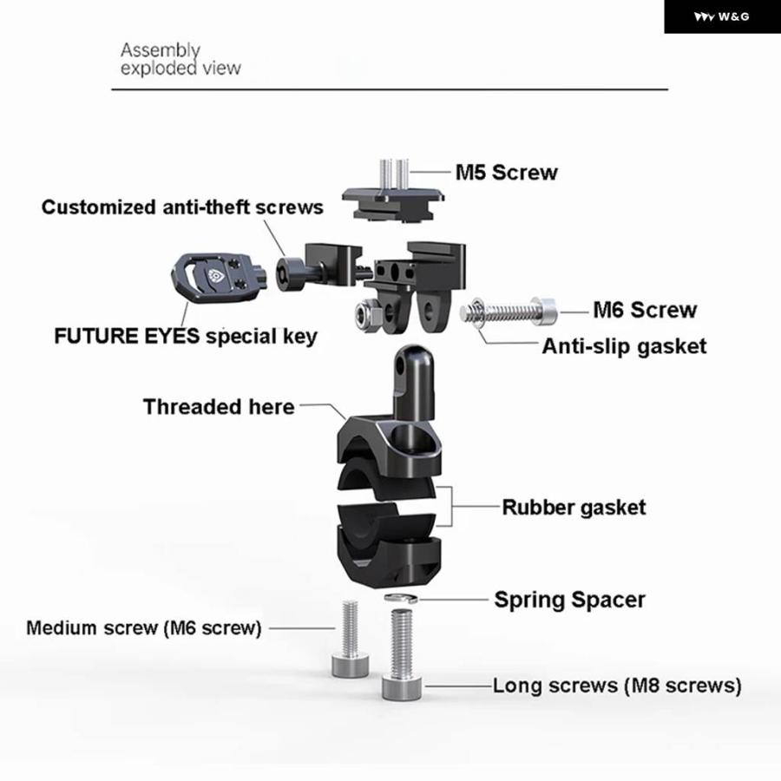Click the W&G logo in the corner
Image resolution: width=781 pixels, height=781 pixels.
pyautogui.click(x=722, y=16)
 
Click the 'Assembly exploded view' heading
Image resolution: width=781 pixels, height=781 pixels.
pyautogui.click(x=180, y=59)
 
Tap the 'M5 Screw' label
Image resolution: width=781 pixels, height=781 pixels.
pyautogui.click(x=507, y=172)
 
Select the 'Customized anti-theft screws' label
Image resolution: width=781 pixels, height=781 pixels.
pyautogui.click(x=182, y=207)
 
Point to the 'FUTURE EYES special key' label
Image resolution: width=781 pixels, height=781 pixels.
pyautogui.click(x=186, y=336)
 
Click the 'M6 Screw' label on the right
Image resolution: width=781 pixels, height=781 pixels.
pyautogui.click(x=645, y=310)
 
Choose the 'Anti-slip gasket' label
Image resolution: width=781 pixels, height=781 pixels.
pyautogui.click(x=624, y=346)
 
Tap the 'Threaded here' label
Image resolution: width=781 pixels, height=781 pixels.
pyautogui.click(x=219, y=406)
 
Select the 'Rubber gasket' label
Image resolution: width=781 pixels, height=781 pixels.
pyautogui.click(x=574, y=507)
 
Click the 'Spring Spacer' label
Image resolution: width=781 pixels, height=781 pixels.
pyautogui.click(x=569, y=599)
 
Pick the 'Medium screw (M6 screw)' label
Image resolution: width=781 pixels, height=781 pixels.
pyautogui.click(x=144, y=627)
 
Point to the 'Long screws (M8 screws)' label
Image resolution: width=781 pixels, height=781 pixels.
pyautogui.click(x=617, y=686)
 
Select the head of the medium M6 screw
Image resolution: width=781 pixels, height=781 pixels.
pyautogui.click(x=351, y=666)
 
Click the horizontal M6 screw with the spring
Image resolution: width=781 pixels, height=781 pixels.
pyautogui.click(x=511, y=310)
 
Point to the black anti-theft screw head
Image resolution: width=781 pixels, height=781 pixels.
pyautogui.click(x=289, y=274)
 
